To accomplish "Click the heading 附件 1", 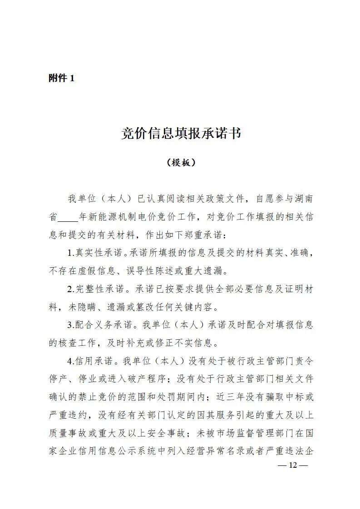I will click(61, 78).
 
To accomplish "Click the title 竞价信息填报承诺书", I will click(181, 133).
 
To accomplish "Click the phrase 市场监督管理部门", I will click(251, 433).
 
